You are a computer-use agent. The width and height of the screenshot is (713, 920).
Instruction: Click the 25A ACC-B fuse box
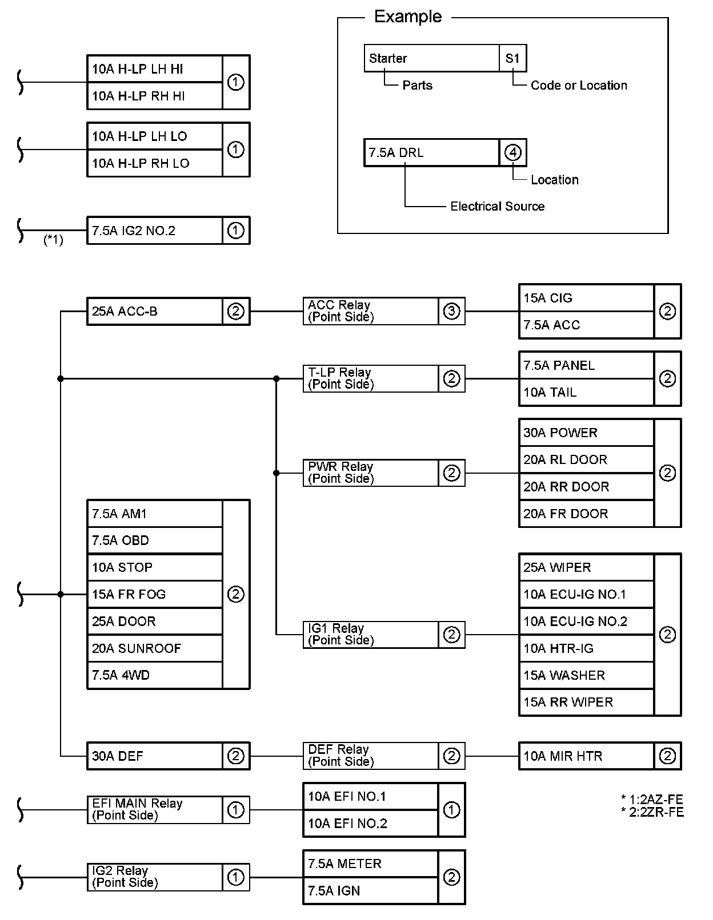(x=154, y=312)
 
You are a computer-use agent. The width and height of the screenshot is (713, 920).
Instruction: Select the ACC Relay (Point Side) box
(x=371, y=311)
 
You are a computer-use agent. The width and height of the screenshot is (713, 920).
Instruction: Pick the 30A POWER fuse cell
(x=586, y=433)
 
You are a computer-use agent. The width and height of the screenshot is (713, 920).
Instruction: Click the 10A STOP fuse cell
(x=154, y=567)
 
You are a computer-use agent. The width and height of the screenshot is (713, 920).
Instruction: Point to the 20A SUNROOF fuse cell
(x=154, y=648)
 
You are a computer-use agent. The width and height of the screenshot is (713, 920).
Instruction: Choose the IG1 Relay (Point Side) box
(x=371, y=635)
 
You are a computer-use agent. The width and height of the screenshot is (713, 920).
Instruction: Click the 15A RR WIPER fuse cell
(x=586, y=702)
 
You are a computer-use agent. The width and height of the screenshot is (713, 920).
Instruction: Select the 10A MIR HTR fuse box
(x=586, y=756)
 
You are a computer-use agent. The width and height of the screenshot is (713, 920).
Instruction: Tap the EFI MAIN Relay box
(x=154, y=809)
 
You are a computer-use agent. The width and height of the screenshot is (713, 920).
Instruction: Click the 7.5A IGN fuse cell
(x=370, y=891)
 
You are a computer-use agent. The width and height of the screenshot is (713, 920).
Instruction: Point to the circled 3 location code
(x=451, y=312)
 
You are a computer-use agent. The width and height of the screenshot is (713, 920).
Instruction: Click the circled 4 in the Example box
(x=513, y=153)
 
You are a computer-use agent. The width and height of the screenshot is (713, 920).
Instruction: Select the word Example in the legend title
(x=408, y=17)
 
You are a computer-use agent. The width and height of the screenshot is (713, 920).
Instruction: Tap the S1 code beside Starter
(x=512, y=58)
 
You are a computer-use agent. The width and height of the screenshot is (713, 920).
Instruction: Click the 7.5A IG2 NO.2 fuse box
(x=154, y=231)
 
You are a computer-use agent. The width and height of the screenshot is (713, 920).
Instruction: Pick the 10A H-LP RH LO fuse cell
(x=154, y=163)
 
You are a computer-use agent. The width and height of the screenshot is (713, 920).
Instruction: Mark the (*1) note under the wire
(x=53, y=240)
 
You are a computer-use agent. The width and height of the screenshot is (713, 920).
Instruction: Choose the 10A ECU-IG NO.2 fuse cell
(x=586, y=621)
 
